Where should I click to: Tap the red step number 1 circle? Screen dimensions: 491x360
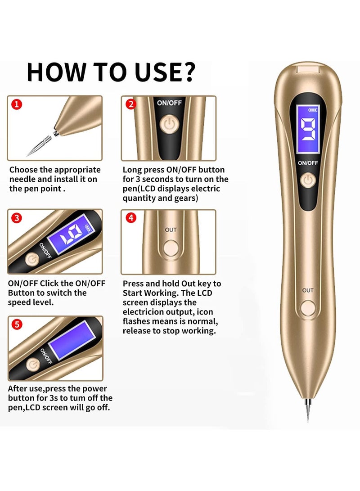tap(16, 105)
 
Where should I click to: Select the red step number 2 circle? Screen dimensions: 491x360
tap(130, 104)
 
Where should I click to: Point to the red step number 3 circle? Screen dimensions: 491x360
tap(17, 218)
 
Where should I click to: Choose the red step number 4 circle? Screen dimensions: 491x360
tap(130, 218)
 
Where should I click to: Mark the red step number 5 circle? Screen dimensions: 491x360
tap(17, 324)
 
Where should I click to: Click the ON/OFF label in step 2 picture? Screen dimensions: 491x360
tap(168, 103)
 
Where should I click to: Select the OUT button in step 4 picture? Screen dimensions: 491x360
tap(171, 247)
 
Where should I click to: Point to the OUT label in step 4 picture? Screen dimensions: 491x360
tap(171, 230)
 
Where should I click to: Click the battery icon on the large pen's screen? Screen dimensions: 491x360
tap(312, 109)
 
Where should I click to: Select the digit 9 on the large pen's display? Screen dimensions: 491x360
tap(308, 135)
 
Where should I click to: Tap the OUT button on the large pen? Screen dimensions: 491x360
tap(308, 308)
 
